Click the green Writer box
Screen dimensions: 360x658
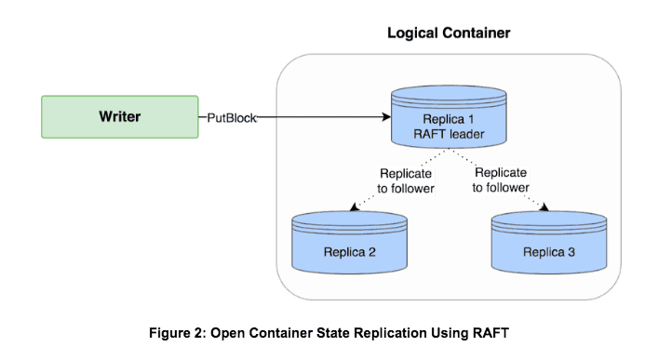coord(119,117)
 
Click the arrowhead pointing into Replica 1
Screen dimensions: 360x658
coord(383,118)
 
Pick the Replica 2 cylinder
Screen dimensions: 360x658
coord(350,245)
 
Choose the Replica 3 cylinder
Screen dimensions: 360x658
coord(549,245)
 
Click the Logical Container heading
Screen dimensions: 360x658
coord(448,33)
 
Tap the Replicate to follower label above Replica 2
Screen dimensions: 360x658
coord(405,180)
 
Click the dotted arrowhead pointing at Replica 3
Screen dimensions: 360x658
coord(545,208)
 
